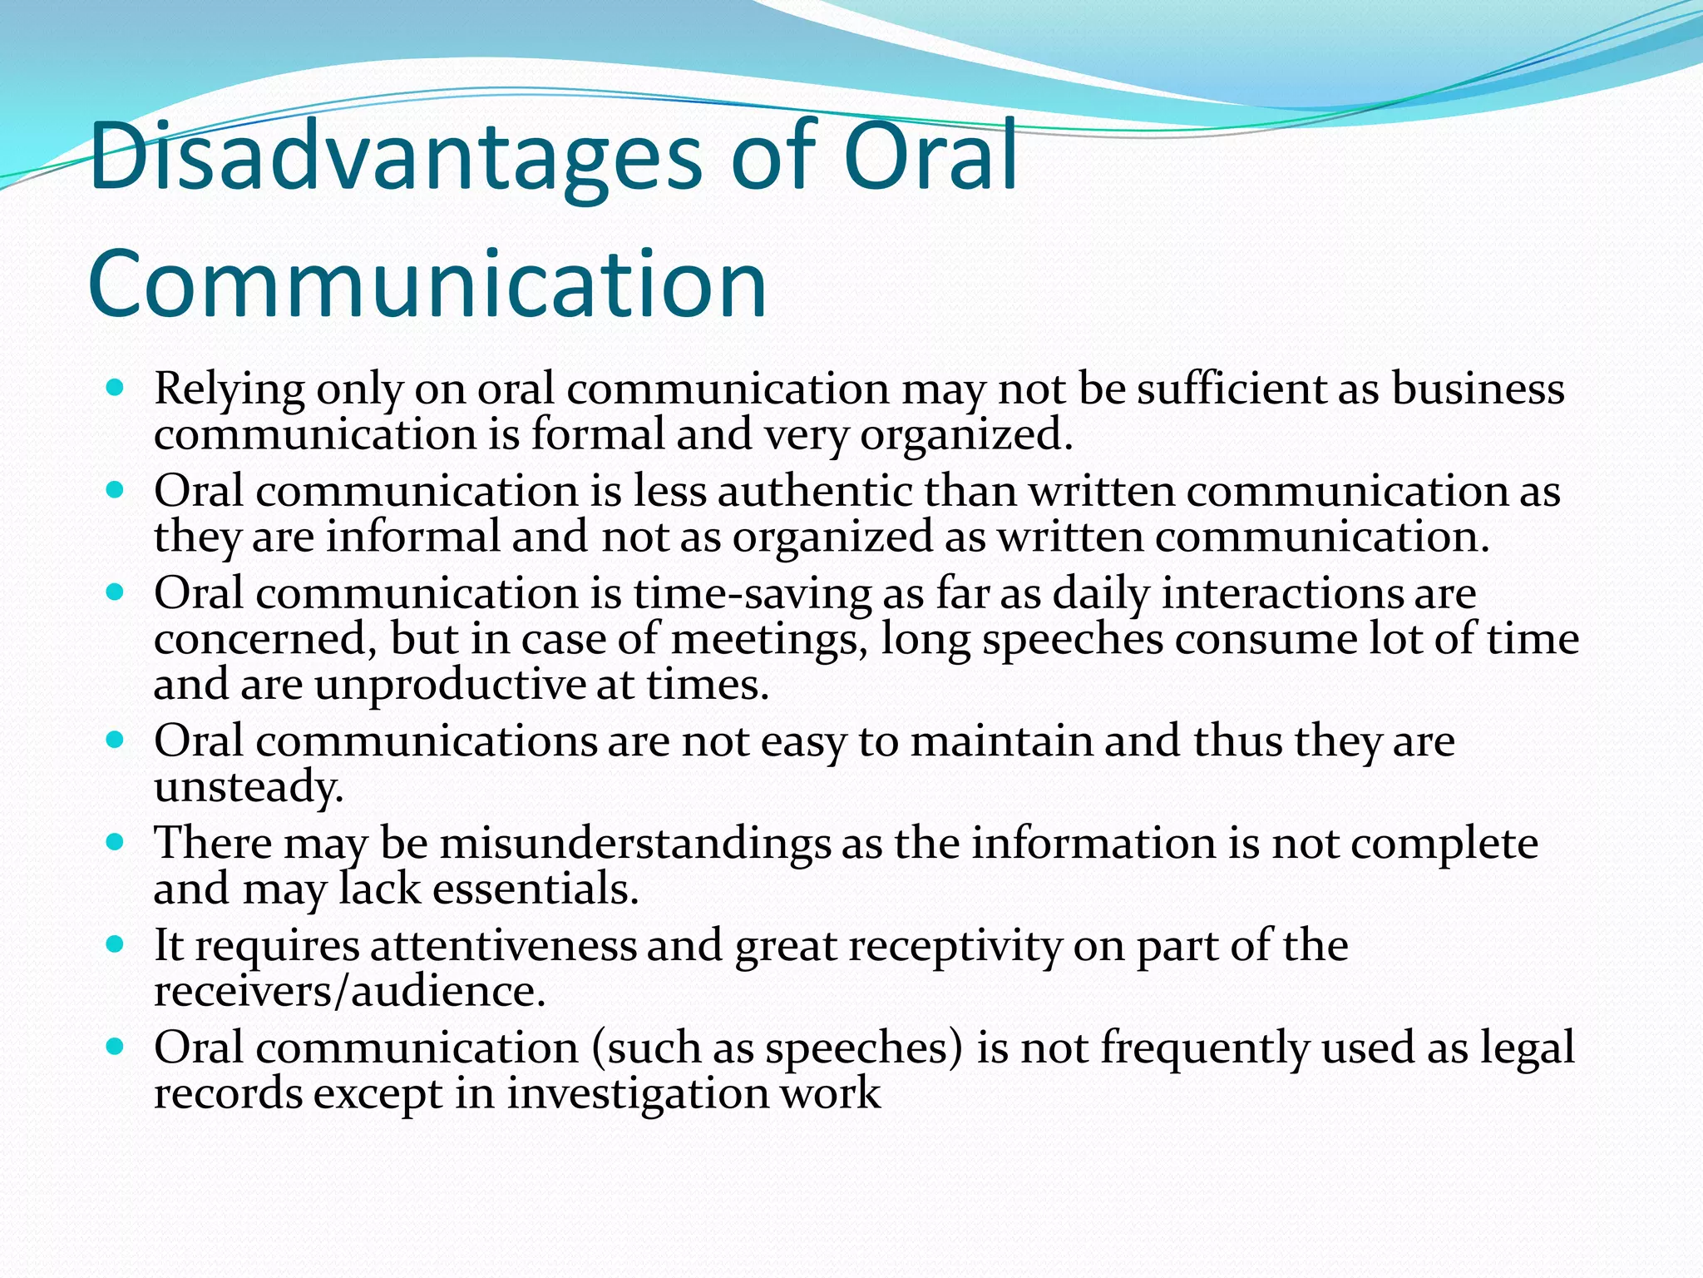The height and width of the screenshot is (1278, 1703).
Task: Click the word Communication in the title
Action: pyautogui.click(x=427, y=285)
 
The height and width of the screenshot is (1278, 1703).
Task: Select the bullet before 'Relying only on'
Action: pyautogui.click(x=116, y=388)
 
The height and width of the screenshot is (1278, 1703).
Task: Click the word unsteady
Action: pyautogui.click(x=249, y=786)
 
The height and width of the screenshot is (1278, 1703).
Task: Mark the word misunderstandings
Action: pyautogui.click(x=634, y=843)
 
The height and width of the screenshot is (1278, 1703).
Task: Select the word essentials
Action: pyautogui.click(x=535, y=889)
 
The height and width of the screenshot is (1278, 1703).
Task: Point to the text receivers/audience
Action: pyautogui.click(x=349, y=991)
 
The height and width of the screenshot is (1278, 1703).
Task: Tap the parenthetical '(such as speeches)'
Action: pyautogui.click(x=777, y=1048)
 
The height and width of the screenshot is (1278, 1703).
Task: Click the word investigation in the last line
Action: pyautogui.click(x=637, y=1092)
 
